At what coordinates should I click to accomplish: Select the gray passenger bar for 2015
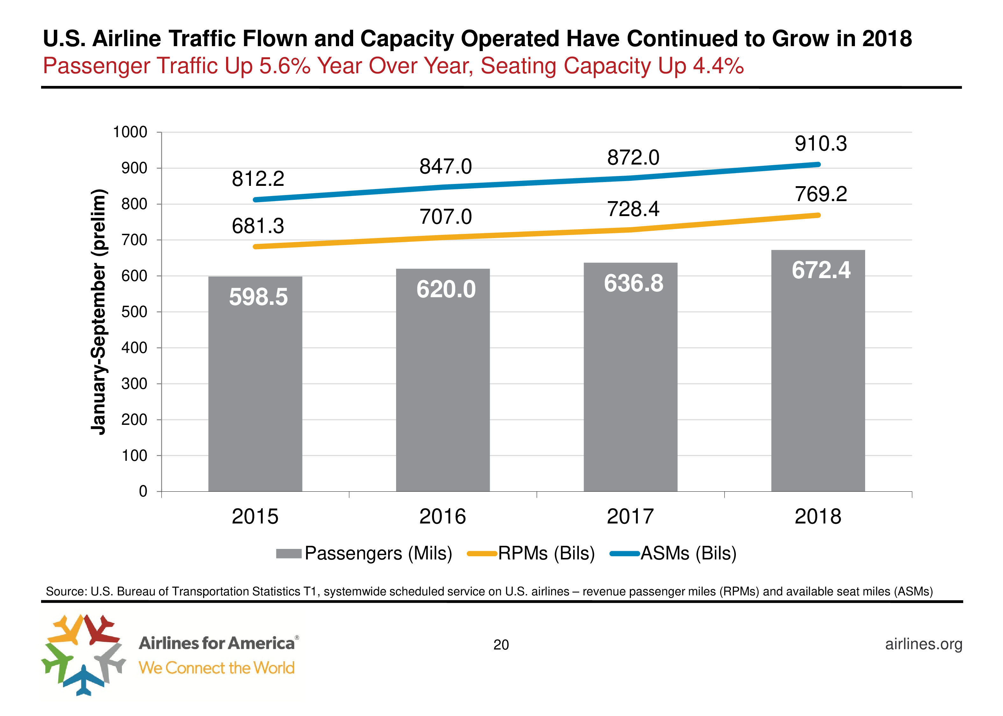tap(255, 383)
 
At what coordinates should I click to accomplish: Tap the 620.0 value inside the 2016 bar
tap(446, 290)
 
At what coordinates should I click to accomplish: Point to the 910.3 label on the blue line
tap(821, 144)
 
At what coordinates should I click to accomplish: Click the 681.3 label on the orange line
tap(258, 226)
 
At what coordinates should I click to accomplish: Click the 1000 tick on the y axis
tap(130, 132)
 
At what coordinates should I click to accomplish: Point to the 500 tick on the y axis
tap(134, 312)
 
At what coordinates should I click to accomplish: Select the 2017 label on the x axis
tap(630, 516)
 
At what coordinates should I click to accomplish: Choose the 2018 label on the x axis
tap(818, 516)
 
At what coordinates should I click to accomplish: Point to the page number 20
tap(501, 645)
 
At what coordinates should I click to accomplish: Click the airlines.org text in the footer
tap(924, 644)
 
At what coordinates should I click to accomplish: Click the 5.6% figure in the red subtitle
tap(284, 66)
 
